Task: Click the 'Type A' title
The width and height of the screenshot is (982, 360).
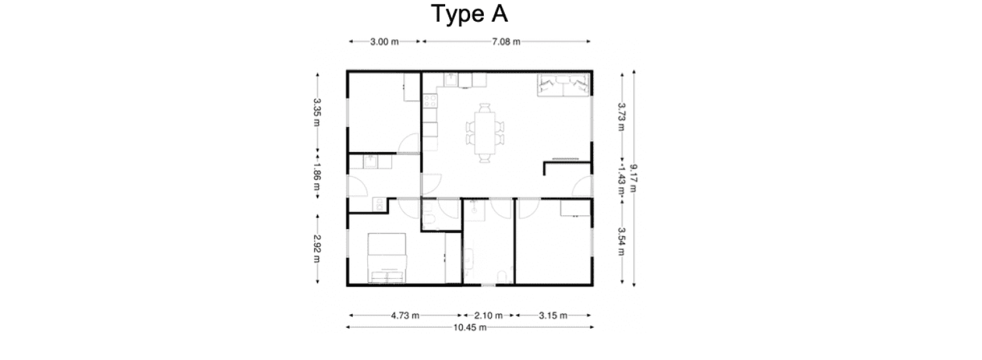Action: [x=469, y=14]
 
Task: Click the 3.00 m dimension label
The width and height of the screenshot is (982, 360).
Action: [x=384, y=42]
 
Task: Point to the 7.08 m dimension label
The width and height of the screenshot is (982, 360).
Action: [x=506, y=42]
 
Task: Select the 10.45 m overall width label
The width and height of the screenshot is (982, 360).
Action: [x=469, y=327]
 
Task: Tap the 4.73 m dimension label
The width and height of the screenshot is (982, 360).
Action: [x=405, y=315]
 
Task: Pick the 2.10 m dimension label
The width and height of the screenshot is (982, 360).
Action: [x=488, y=315]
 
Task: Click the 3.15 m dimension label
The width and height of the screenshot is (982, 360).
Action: [x=553, y=315]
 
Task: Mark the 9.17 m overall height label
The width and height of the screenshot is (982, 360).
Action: [x=634, y=178]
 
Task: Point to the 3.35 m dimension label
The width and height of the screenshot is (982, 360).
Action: [x=317, y=112]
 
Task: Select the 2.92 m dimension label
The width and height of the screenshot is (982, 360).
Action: [x=317, y=249]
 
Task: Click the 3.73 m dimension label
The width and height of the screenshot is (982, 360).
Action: [x=621, y=117]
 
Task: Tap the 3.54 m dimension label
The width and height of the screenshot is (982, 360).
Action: [x=621, y=242]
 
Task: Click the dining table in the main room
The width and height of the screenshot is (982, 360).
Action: [x=484, y=133]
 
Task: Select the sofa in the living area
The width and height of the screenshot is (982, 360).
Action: [x=563, y=84]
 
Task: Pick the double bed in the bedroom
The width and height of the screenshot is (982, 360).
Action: [x=387, y=258]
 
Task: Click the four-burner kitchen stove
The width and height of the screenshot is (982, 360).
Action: [x=430, y=101]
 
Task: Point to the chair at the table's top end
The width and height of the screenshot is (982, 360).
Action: [x=484, y=108]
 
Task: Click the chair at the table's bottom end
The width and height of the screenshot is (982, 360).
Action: [x=484, y=158]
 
